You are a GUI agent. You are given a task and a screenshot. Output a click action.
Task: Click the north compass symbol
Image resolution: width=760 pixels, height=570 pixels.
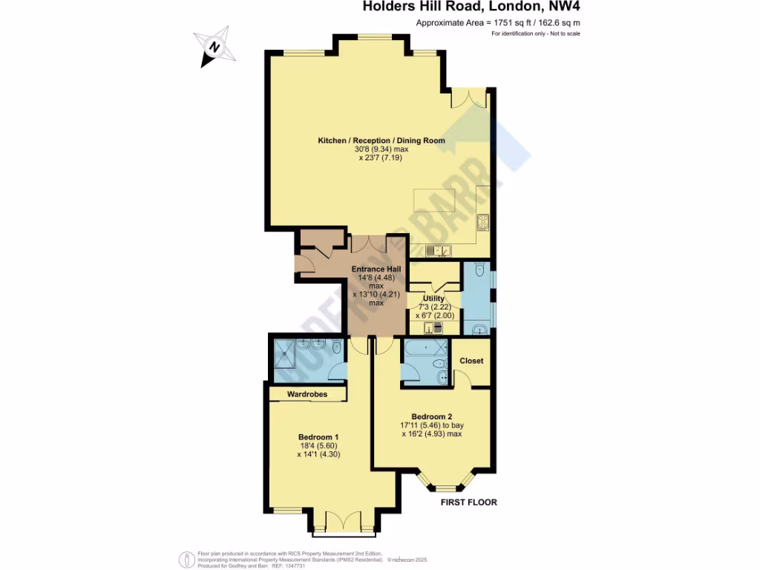[x=215, y=47]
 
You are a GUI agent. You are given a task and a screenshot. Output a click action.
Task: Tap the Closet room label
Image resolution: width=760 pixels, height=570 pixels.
[x=471, y=361]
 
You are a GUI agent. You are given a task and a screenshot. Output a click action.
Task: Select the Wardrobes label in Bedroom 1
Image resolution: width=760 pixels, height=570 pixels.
[x=307, y=394]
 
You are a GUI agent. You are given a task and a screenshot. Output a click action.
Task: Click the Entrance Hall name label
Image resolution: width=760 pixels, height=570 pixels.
[x=376, y=269]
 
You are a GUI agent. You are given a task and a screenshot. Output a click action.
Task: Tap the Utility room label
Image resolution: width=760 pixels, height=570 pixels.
[x=433, y=298]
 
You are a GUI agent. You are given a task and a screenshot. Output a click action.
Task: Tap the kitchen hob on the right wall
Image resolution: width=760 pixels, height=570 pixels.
[x=483, y=220]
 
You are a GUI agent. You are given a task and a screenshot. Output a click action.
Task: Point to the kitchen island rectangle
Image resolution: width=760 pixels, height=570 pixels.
[x=440, y=199]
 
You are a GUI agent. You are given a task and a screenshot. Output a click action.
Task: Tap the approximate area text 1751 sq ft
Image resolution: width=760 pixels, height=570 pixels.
[x=497, y=23]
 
